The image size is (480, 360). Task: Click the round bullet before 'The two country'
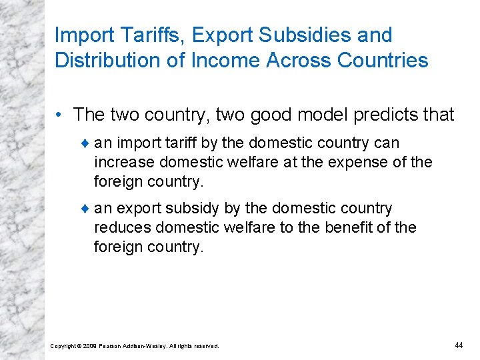click(63, 115)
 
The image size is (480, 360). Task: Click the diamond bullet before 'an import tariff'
click(85, 143)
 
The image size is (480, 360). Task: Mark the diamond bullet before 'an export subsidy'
click(85, 209)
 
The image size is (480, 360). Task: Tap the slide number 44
click(459, 345)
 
